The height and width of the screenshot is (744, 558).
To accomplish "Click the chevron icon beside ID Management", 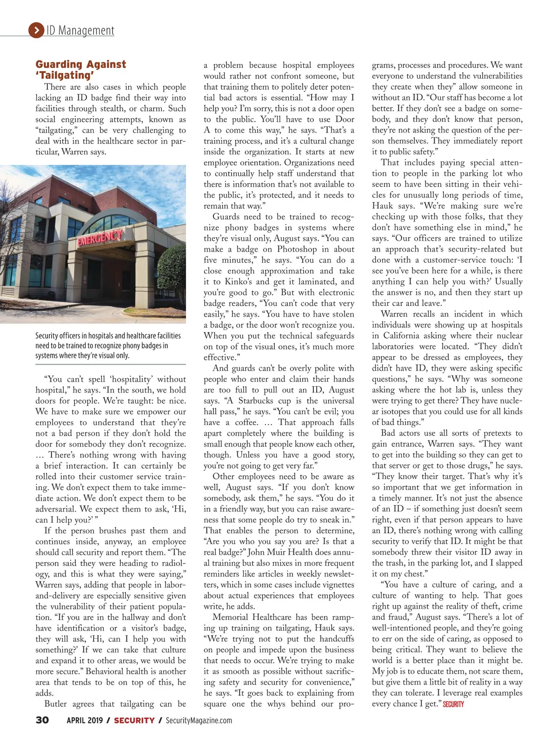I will (x=36, y=30).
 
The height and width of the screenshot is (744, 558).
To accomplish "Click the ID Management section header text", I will (x=80, y=31).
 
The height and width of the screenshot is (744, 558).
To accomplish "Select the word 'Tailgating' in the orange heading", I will (x=66, y=75).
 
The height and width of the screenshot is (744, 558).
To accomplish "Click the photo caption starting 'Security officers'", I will (x=108, y=345).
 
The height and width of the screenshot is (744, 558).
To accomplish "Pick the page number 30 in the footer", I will (x=42, y=720).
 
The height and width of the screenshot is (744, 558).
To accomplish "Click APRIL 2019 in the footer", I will (x=85, y=720).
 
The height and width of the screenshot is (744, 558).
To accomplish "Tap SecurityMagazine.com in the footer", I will (x=199, y=720).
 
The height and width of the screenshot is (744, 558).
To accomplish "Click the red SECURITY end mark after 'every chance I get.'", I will (x=453, y=704).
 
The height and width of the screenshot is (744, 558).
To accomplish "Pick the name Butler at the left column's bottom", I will (x=56, y=704).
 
